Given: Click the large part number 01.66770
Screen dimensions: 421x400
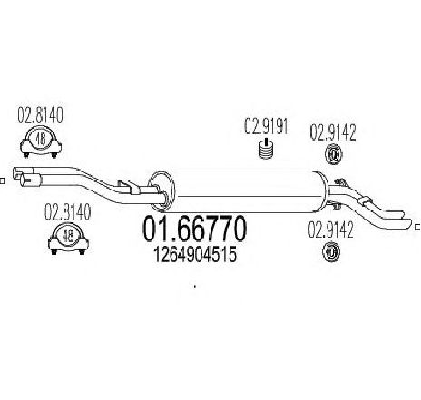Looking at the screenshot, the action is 194,229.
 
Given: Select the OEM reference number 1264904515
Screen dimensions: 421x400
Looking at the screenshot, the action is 195,255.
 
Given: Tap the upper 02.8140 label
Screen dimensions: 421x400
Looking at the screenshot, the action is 40,115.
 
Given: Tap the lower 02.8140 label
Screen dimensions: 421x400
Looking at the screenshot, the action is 67,211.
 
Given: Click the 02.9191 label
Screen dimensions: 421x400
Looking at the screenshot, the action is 266,126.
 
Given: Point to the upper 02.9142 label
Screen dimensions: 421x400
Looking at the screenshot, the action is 333,132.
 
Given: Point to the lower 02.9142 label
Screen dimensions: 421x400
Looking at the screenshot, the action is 330,229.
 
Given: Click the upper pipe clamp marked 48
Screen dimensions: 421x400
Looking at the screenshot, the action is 41,143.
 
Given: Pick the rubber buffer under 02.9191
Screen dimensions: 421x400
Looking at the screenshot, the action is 266,149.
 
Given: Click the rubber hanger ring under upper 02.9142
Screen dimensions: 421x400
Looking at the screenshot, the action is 333,154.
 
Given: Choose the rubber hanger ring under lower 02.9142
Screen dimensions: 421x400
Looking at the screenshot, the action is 331,251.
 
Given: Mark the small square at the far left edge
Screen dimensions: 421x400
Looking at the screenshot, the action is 2,180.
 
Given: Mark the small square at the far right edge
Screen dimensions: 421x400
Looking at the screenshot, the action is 418,227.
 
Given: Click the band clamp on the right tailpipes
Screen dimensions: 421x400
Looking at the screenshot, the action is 365,201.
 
